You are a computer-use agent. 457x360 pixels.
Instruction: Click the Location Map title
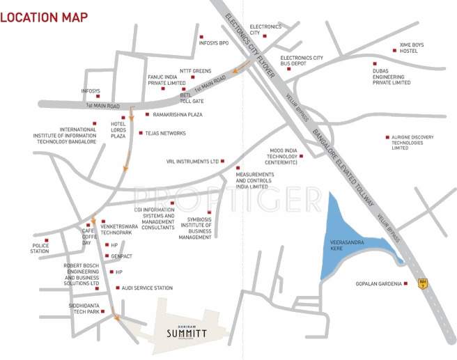point(43,17)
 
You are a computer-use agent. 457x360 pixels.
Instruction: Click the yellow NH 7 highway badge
point(422,284)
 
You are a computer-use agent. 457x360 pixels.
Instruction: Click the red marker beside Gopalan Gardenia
point(406,283)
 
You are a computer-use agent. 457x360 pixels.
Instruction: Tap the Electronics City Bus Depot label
point(302,61)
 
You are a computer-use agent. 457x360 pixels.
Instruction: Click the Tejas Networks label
point(166,133)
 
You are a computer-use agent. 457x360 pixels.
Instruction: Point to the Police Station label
point(40,249)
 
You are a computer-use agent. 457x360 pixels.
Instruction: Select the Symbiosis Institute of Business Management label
point(194,228)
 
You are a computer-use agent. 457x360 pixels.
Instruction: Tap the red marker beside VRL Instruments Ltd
point(223,161)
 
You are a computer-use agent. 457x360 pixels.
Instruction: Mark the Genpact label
point(122,256)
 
